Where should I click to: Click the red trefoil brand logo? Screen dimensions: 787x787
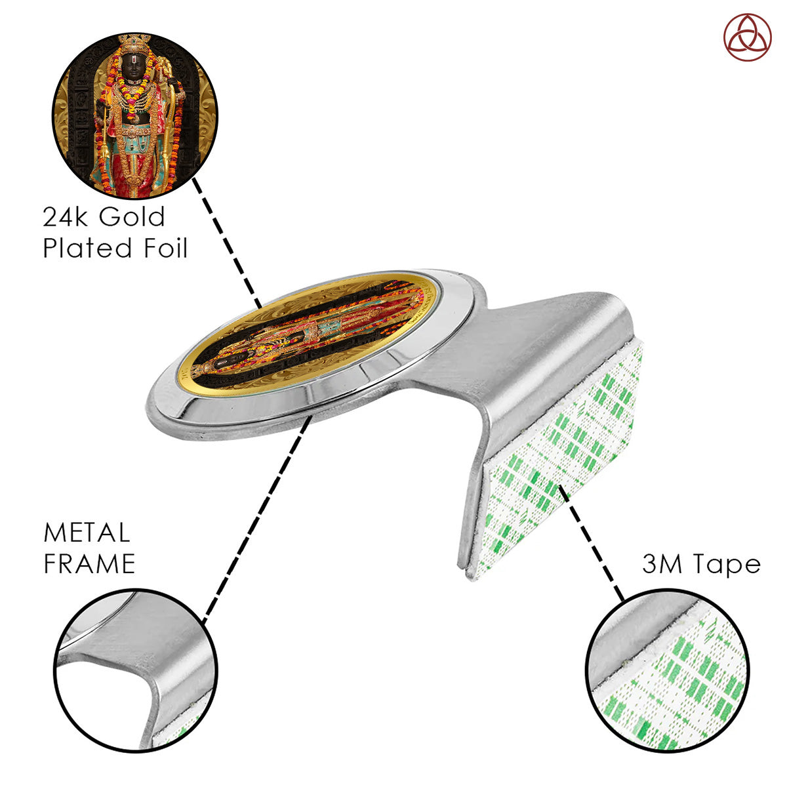(x=747, y=37)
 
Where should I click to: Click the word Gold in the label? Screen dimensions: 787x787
(x=132, y=216)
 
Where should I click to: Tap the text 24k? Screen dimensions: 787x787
(x=64, y=216)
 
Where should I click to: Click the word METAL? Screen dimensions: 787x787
(x=87, y=533)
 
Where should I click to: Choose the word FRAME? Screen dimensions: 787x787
(x=89, y=564)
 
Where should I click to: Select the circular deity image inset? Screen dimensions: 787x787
(x=135, y=116)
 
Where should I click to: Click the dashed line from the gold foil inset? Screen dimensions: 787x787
(x=227, y=243)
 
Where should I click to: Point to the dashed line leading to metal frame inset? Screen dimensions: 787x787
(x=258, y=518)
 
